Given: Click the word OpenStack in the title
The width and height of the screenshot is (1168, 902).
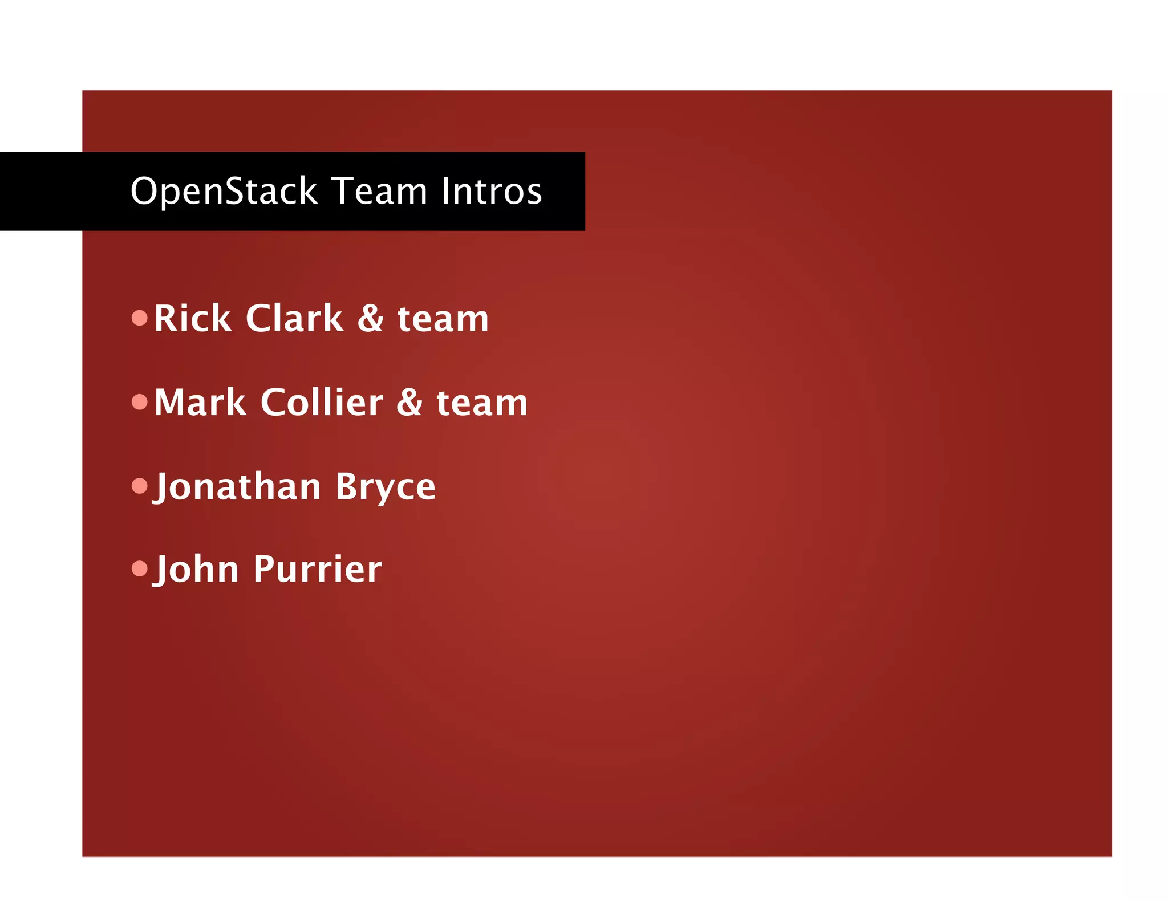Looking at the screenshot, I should (x=224, y=191).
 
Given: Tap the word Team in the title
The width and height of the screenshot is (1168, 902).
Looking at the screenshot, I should (x=379, y=191).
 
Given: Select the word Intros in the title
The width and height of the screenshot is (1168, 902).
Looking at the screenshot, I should (x=491, y=191).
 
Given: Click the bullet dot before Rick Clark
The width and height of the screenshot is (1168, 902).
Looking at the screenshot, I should (x=139, y=318).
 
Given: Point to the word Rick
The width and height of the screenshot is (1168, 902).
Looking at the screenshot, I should (x=192, y=318).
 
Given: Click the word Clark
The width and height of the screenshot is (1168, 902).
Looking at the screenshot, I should (x=294, y=318).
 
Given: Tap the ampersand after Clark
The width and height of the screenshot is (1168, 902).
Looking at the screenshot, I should (x=371, y=318).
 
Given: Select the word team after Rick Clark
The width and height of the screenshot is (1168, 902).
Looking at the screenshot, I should (x=443, y=319).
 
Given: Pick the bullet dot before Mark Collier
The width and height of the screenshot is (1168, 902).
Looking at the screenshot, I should (x=139, y=403).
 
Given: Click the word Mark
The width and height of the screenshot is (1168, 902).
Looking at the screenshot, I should (x=200, y=403).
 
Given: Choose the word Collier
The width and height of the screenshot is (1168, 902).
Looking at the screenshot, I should (x=322, y=403).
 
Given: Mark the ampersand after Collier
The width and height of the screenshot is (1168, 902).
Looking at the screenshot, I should (x=409, y=403).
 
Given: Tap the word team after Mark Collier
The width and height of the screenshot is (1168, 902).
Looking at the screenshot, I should (x=482, y=404).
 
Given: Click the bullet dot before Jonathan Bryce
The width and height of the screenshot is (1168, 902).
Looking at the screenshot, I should (x=139, y=486).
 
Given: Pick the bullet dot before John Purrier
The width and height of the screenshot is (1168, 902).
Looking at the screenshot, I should (x=139, y=568).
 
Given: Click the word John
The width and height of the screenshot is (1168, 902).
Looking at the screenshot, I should (x=196, y=570).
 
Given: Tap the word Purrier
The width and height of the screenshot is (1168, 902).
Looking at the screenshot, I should (x=318, y=570).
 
